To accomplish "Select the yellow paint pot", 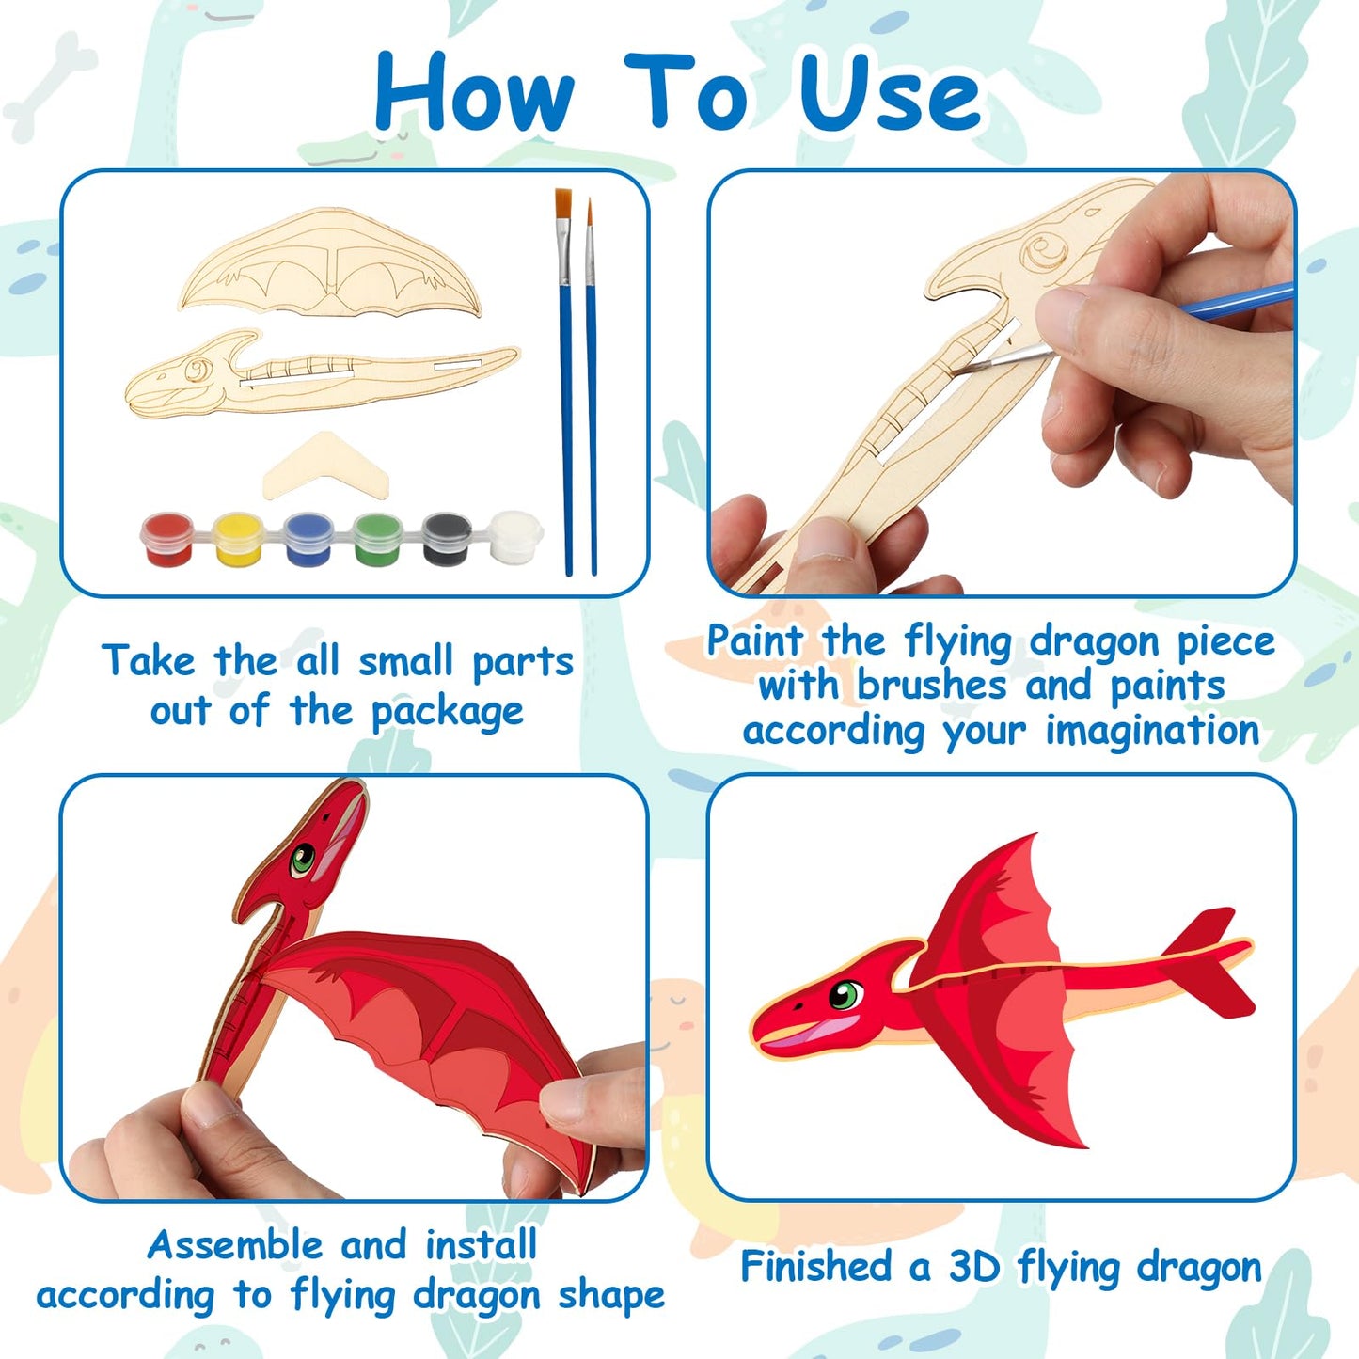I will click(237, 538).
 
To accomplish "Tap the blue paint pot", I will click(307, 538).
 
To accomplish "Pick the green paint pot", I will click(377, 538).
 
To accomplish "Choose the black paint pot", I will click(446, 538).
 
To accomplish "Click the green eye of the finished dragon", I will click(846, 994).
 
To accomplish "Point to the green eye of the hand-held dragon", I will click(303, 858).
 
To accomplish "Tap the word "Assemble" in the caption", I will click(235, 1245).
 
